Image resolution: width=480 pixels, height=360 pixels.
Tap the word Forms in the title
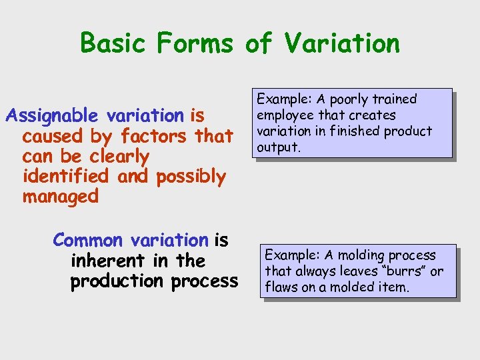tap(195, 43)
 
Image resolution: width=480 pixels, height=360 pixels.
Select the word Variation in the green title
tap(341, 43)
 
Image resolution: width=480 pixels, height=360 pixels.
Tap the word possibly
tap(191, 177)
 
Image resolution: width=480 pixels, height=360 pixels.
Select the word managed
tap(60, 197)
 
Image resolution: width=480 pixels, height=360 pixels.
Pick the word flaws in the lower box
tap(283, 287)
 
